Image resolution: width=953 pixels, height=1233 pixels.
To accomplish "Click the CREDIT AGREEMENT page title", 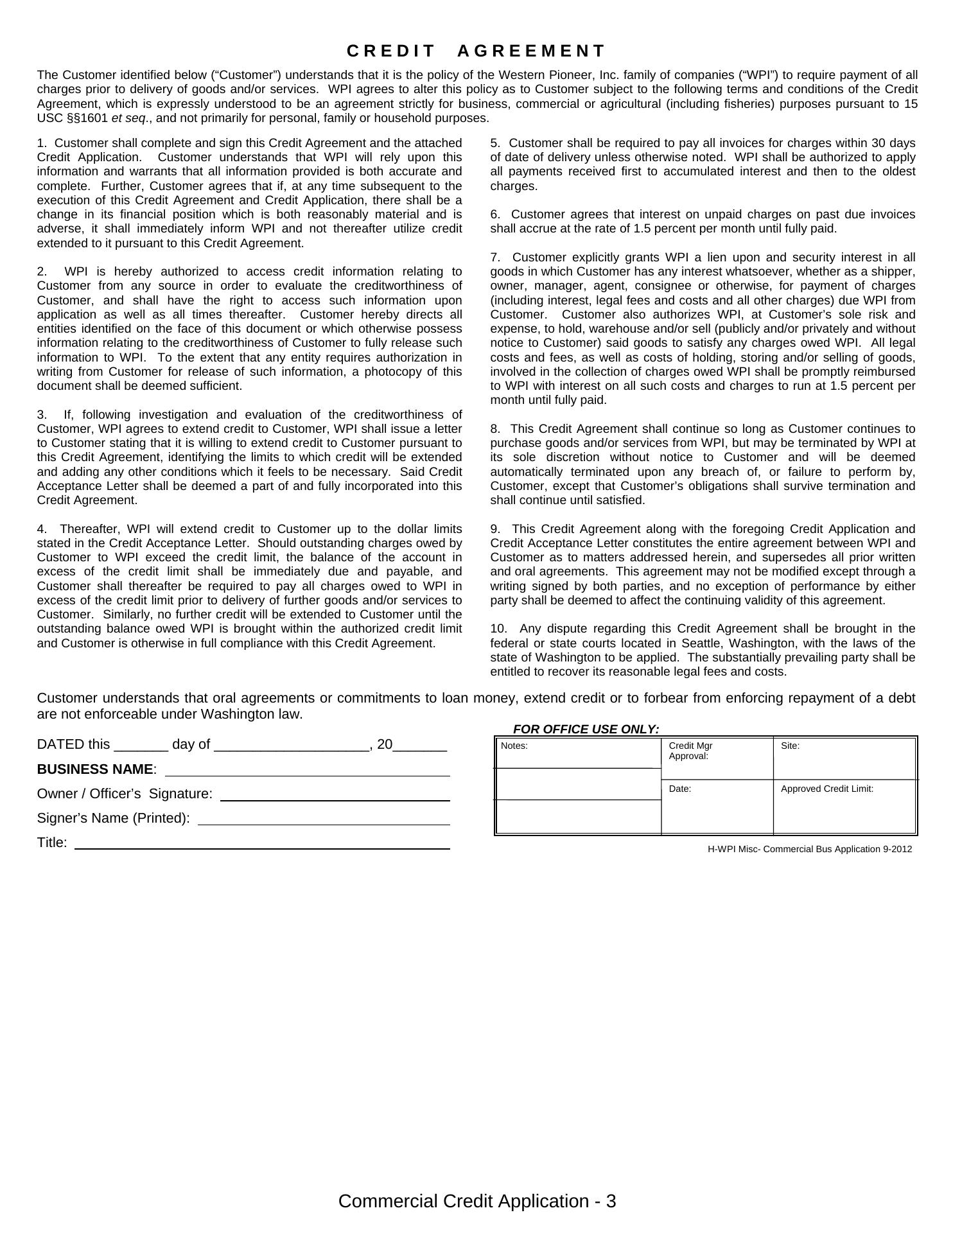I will click(x=476, y=51).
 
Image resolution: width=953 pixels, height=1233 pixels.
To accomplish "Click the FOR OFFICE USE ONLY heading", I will click(x=586, y=729).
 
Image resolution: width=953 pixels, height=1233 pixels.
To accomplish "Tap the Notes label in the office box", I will click(x=514, y=746).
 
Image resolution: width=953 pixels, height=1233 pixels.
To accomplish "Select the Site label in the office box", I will click(x=790, y=746).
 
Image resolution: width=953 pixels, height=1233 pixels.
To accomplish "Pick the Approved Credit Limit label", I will click(x=826, y=789).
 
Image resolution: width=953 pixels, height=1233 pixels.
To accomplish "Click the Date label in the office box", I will click(x=679, y=789).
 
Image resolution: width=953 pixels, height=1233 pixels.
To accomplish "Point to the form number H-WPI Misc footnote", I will click(x=809, y=849).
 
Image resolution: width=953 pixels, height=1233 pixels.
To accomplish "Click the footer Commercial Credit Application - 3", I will click(x=476, y=1201).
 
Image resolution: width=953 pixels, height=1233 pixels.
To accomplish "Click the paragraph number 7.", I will click(x=494, y=258).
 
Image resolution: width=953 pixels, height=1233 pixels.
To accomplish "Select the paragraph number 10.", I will click(x=497, y=629).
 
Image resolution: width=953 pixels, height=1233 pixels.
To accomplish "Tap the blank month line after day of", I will click(x=292, y=746).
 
